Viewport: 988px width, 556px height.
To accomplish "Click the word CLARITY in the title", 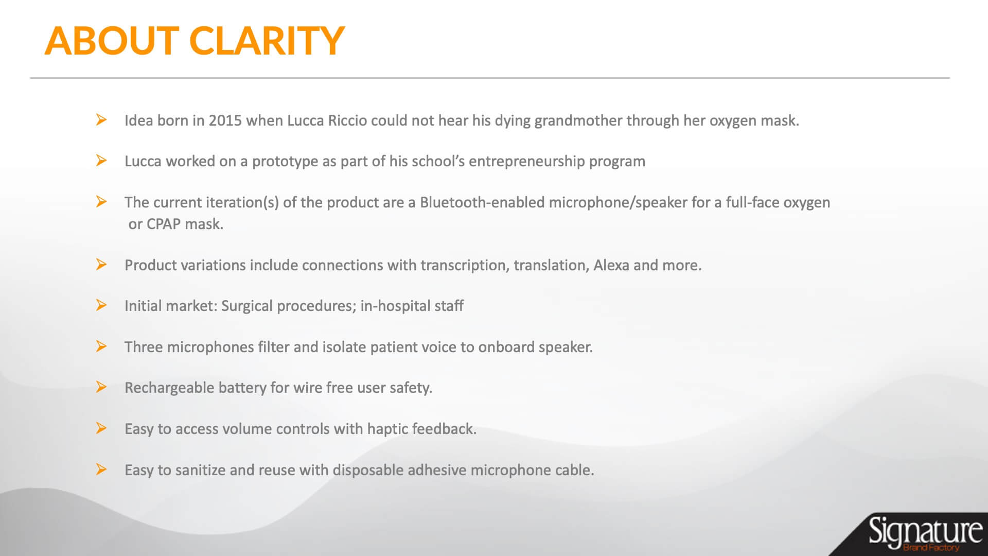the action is [x=267, y=41].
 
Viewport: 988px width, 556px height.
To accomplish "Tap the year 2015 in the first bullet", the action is [x=225, y=120].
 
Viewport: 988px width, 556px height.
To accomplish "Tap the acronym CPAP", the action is [x=164, y=224].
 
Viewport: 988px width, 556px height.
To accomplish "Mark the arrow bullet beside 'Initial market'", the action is [x=101, y=305].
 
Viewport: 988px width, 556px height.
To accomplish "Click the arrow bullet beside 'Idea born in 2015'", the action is [x=101, y=120].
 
